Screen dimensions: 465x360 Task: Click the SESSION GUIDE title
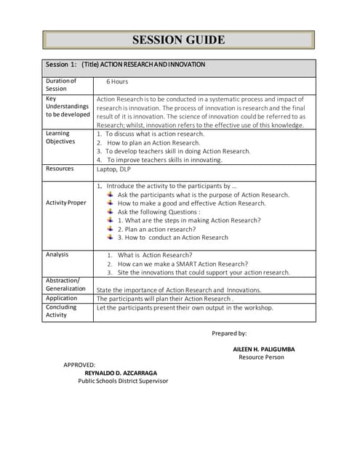tap(178, 40)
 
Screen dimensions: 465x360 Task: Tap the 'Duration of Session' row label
tap(60, 85)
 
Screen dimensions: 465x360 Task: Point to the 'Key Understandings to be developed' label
tap(68, 106)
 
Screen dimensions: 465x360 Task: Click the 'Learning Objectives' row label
tap(60, 137)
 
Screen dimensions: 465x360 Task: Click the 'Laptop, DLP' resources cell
tap(113, 169)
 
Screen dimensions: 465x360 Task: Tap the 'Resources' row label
tap(59, 169)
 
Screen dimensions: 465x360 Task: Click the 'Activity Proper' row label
tap(65, 203)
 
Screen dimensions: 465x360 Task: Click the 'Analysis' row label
tap(57, 254)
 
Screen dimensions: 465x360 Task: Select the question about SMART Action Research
tap(183, 264)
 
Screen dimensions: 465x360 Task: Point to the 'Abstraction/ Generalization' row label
tap(66, 285)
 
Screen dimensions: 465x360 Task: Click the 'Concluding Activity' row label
tap(61, 311)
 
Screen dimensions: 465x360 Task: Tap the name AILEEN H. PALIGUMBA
tap(263, 349)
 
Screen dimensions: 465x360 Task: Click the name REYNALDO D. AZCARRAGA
tap(121, 373)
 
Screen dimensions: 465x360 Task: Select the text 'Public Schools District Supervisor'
tap(123, 381)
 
